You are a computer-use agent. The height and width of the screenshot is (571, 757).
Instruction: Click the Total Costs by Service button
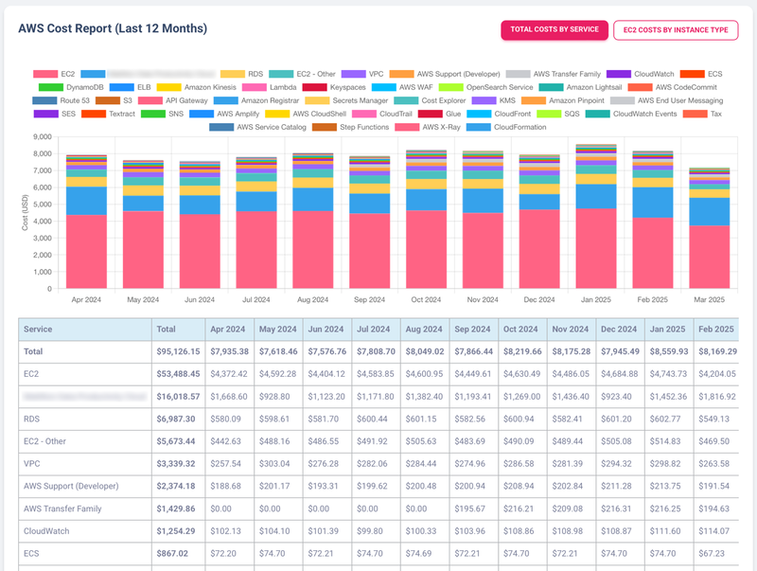(x=554, y=29)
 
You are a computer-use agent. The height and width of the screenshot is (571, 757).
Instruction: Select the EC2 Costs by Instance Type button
(x=676, y=29)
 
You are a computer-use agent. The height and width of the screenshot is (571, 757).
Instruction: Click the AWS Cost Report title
(x=113, y=28)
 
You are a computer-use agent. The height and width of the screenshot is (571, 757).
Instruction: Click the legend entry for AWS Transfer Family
(x=566, y=73)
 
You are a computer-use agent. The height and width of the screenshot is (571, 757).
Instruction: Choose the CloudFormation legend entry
(x=519, y=127)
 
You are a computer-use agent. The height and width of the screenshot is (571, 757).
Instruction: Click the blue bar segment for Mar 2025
(x=709, y=211)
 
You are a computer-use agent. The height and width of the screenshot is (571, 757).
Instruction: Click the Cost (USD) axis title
(x=24, y=213)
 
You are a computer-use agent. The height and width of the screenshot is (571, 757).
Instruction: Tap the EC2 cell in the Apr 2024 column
(x=231, y=374)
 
